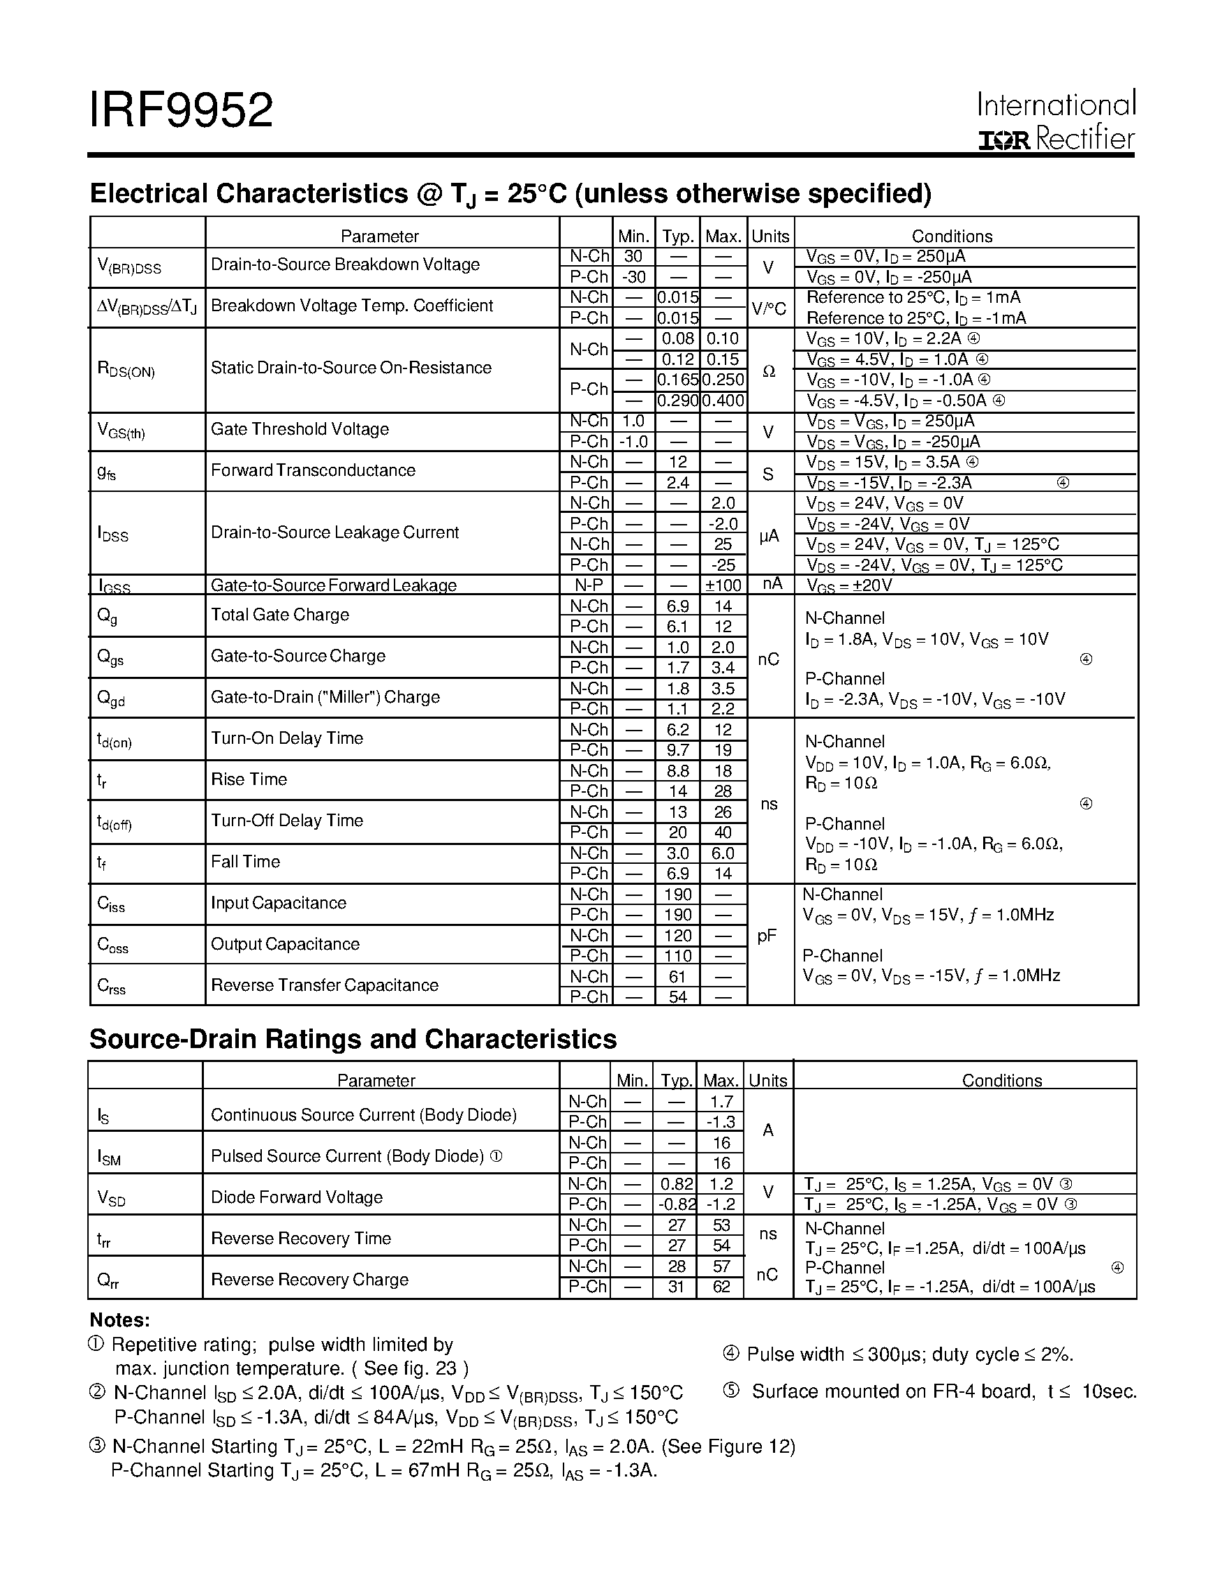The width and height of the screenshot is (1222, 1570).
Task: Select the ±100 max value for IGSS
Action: (x=723, y=585)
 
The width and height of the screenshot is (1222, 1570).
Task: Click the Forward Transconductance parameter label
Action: (x=313, y=470)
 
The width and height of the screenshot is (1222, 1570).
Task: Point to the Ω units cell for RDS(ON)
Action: (x=769, y=371)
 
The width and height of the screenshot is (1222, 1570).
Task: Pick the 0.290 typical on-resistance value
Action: (x=677, y=401)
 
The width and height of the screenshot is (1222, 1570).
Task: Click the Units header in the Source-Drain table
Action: (x=767, y=1080)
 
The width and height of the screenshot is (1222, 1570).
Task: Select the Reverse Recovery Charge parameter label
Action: (x=309, y=1280)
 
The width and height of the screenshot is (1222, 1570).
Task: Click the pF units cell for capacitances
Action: (x=767, y=936)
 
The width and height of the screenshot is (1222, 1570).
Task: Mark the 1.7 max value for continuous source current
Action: (x=721, y=1101)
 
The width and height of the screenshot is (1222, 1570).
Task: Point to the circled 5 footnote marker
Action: (x=730, y=1391)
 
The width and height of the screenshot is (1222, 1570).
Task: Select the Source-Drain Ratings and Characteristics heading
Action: (x=353, y=1040)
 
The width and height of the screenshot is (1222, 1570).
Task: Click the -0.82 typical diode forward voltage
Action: (x=675, y=1204)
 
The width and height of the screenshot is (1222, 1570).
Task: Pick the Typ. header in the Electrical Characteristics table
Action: (x=677, y=237)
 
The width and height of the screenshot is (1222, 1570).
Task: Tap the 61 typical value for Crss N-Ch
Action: (x=677, y=976)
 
